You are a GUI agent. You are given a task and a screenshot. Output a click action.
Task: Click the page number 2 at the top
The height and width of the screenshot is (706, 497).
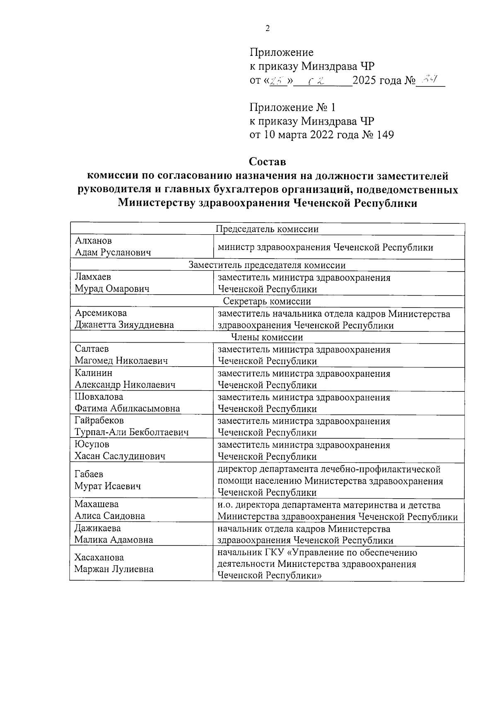point(267,29)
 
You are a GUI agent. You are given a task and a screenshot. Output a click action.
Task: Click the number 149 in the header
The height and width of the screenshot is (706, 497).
point(385,135)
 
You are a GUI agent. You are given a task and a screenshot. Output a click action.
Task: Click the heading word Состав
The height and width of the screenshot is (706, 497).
point(267,160)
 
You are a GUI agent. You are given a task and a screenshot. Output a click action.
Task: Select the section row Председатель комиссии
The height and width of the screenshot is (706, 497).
point(267,229)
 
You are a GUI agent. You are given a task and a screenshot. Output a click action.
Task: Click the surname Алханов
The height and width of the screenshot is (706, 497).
point(93,241)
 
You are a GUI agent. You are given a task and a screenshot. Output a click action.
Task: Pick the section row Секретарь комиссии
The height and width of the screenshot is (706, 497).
point(267,301)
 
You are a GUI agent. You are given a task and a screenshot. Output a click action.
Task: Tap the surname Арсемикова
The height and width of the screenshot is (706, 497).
point(101,313)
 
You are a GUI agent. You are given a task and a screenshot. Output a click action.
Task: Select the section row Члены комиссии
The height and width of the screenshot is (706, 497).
point(267,337)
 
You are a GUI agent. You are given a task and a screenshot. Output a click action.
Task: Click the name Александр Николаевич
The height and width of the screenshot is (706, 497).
point(125,385)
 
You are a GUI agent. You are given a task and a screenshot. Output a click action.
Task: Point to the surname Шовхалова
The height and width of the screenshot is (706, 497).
point(99,397)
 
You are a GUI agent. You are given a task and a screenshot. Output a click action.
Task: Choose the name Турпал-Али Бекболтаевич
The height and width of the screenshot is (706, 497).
point(131,433)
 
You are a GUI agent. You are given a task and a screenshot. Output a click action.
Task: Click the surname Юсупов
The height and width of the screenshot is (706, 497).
point(92,445)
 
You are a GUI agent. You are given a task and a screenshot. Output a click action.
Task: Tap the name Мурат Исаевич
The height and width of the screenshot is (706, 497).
point(107,486)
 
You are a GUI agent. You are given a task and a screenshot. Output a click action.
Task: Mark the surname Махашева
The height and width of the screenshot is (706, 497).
point(97,504)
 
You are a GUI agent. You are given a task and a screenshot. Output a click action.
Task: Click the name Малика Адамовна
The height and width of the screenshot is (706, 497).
point(113,540)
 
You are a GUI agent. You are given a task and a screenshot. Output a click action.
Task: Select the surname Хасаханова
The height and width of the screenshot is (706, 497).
point(99,557)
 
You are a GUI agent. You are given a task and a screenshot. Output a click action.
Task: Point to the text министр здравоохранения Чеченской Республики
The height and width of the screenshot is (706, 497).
point(326,248)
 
